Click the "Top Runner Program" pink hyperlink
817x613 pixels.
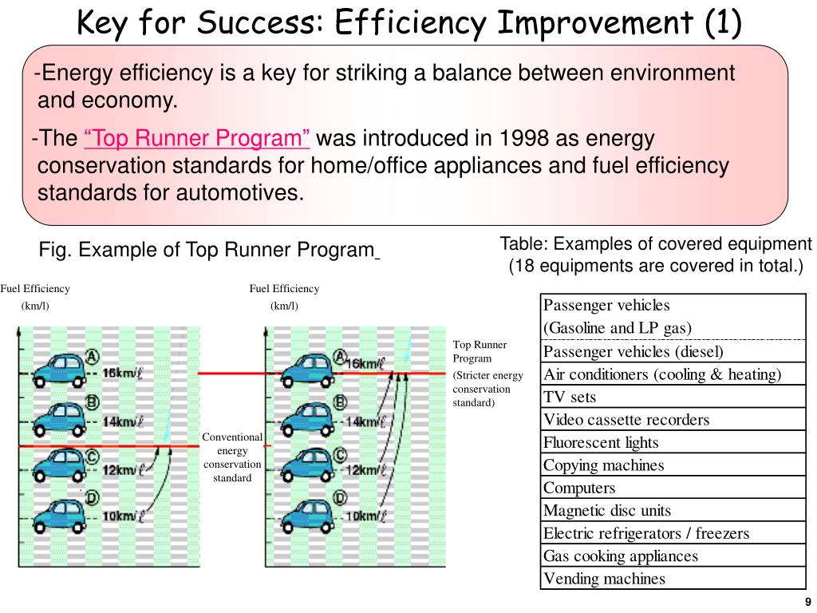197,139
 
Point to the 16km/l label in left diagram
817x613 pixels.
122,374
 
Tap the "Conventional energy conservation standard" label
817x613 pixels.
232,457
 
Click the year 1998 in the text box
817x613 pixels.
525,139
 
